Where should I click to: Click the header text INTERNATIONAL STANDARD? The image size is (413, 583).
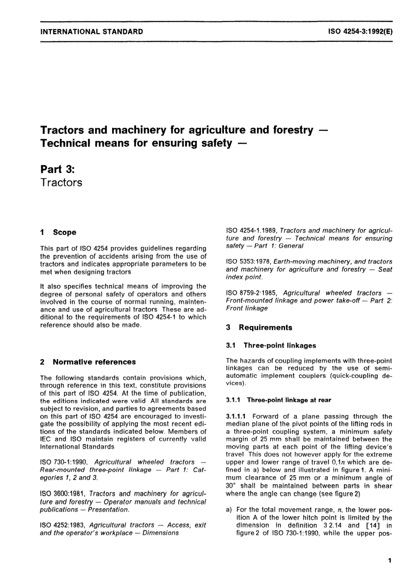pos(91,31)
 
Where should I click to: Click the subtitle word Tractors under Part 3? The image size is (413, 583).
pos(61,183)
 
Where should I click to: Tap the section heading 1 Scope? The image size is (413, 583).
pos(58,233)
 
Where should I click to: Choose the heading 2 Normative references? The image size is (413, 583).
pos(88,362)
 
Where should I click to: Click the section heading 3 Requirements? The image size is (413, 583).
pos(259,328)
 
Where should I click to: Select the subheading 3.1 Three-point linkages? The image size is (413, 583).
pos(271,346)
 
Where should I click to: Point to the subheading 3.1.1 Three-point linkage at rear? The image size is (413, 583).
pos(278,400)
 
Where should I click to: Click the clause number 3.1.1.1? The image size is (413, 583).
pos(237,416)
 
